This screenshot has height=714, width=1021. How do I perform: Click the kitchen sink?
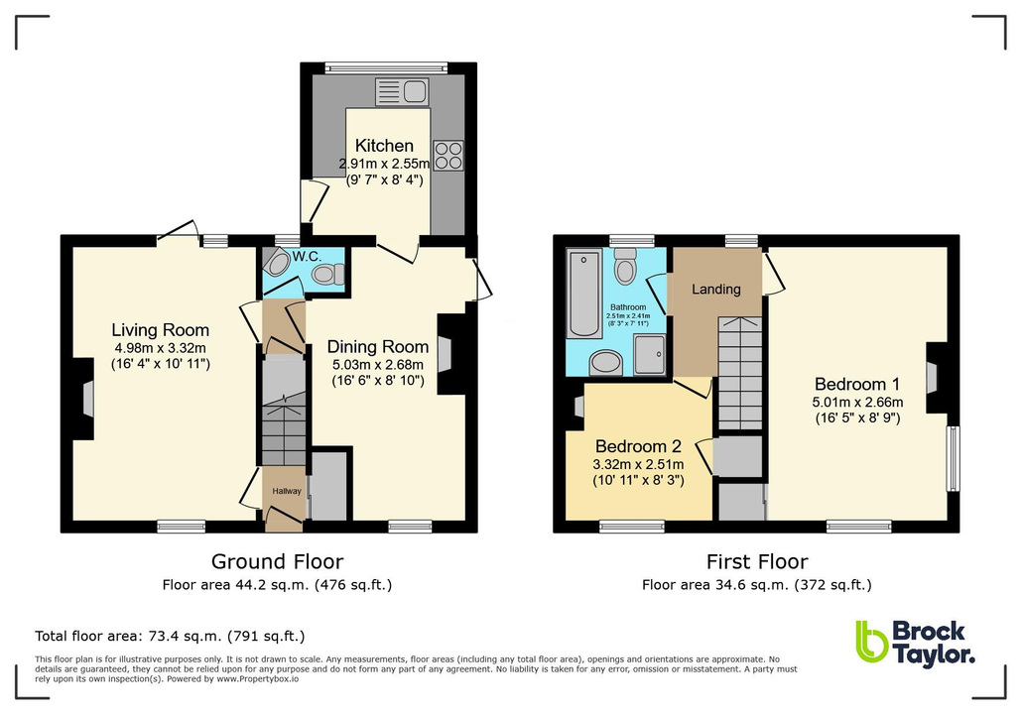point(401,94)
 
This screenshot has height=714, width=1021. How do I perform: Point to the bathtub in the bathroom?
point(579,295)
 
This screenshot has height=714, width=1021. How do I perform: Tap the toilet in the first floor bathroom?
point(625,267)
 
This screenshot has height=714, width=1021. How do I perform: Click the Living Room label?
point(160,330)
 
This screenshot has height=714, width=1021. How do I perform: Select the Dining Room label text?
point(378,346)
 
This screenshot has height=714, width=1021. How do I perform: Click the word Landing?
point(715,290)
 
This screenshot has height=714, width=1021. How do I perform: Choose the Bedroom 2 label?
point(636,446)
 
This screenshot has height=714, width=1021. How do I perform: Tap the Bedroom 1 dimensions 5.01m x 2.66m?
point(858,403)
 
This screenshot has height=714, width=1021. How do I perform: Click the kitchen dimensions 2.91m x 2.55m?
point(384,164)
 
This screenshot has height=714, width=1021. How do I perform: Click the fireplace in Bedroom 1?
point(934,378)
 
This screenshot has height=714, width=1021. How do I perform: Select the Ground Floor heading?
point(277,562)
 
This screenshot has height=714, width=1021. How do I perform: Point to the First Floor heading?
point(756,562)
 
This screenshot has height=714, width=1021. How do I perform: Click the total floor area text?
point(170,636)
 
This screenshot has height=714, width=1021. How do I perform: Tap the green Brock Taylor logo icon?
point(870,642)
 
